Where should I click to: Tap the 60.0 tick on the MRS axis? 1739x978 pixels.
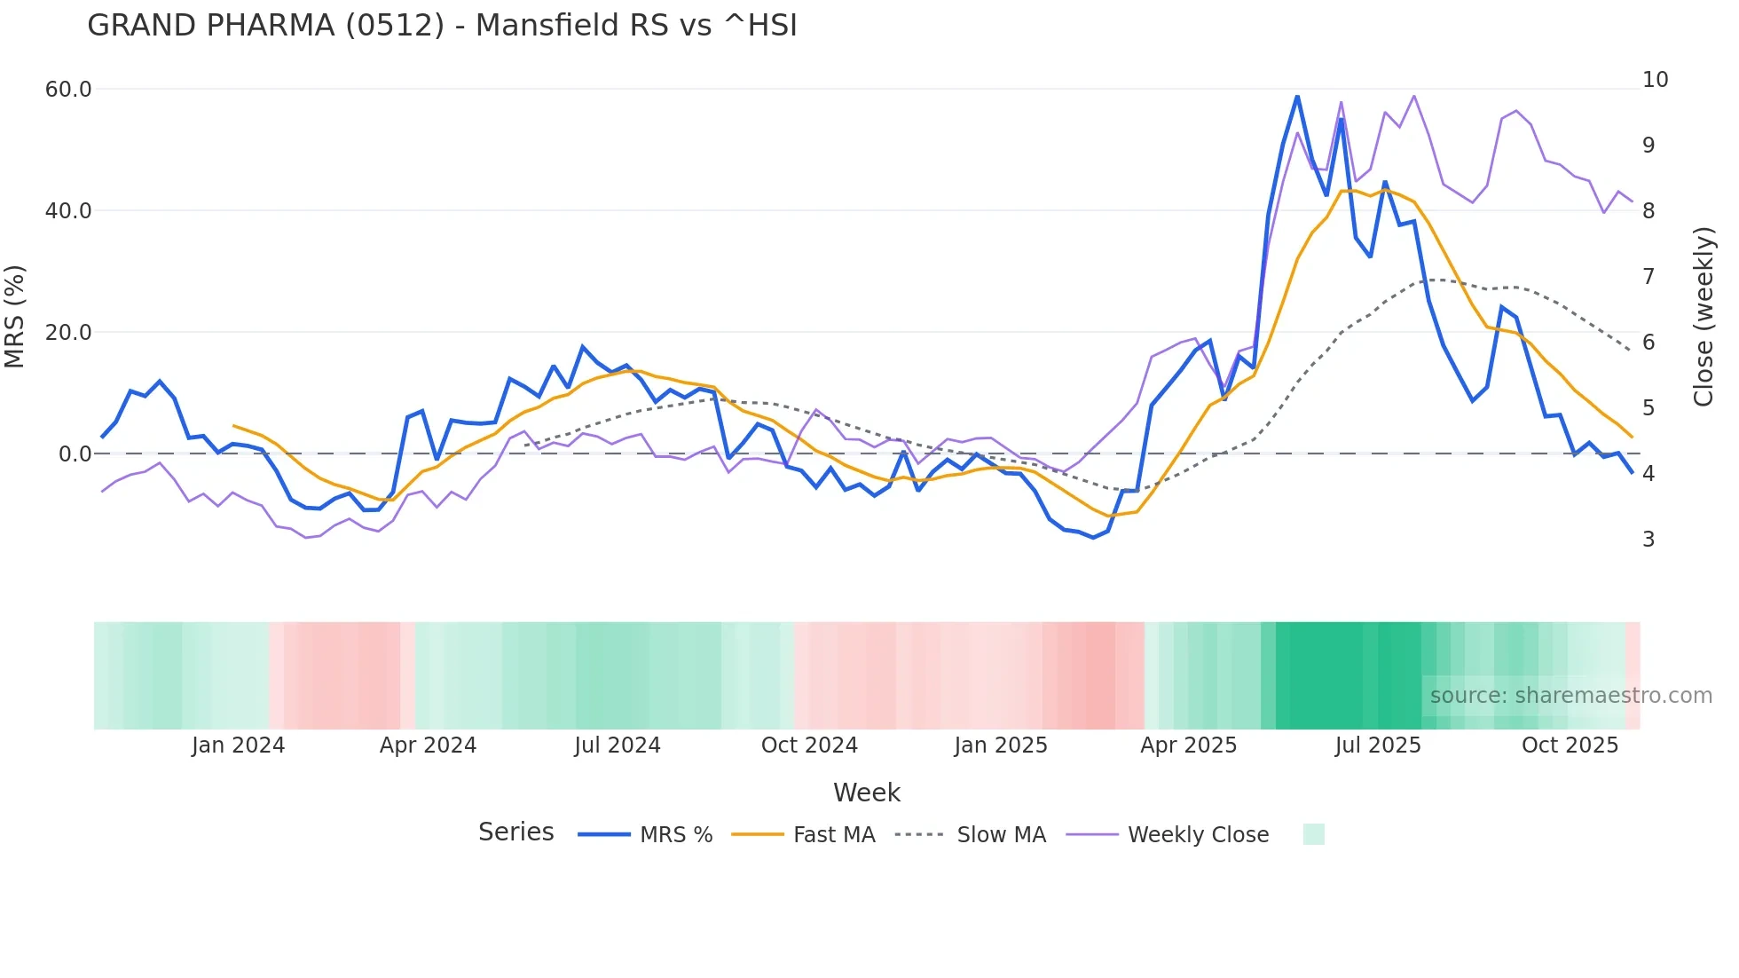pos(68,90)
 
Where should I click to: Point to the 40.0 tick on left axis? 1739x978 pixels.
pos(68,211)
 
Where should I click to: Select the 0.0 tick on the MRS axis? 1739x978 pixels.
pos(75,454)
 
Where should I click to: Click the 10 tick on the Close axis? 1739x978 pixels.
pos(1655,80)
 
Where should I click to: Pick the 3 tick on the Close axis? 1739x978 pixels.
pos(1649,540)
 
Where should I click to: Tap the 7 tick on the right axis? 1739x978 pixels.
pos(1649,277)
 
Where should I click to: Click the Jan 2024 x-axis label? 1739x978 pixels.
pos(238,745)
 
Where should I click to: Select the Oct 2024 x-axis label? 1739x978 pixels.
pos(809,745)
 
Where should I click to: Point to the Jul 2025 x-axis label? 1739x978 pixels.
pos(1378,745)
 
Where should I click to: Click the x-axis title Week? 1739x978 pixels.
pos(867,793)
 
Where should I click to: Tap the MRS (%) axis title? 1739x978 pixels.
pos(14,317)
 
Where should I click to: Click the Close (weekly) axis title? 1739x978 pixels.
pos(1703,317)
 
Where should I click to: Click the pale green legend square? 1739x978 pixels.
pos(1313,834)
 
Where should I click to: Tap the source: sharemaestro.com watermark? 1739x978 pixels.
pos(1570,696)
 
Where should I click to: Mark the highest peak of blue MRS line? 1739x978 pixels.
pos(1297,96)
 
